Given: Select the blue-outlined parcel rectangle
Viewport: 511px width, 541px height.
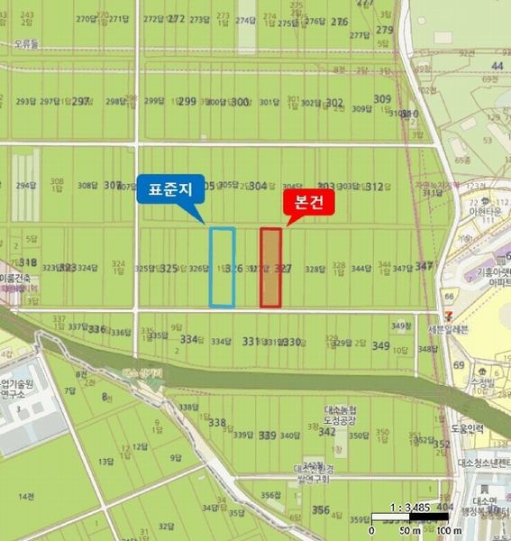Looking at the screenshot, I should pos(222,267).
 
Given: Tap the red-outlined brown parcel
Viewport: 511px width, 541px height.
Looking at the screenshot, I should pos(271,267).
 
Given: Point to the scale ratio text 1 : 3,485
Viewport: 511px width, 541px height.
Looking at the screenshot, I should pos(409,508).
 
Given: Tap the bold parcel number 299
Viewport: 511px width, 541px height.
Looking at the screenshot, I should pos(187,102).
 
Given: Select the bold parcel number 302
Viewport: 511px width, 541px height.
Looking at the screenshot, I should pos(333,103).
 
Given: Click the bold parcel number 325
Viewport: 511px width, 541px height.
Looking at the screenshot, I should pos(169,269).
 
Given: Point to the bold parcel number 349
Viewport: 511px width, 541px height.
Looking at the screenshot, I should pos(380,346).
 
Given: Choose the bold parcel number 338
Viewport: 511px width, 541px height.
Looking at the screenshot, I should pos(216,422).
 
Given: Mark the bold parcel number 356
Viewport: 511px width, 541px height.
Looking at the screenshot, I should pos(320,509).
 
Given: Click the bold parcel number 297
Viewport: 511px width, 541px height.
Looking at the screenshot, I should pos(81,102).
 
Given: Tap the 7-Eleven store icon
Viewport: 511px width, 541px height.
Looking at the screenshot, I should pos(447,295).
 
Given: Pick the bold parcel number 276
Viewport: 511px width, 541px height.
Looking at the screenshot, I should pos(339,21).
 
